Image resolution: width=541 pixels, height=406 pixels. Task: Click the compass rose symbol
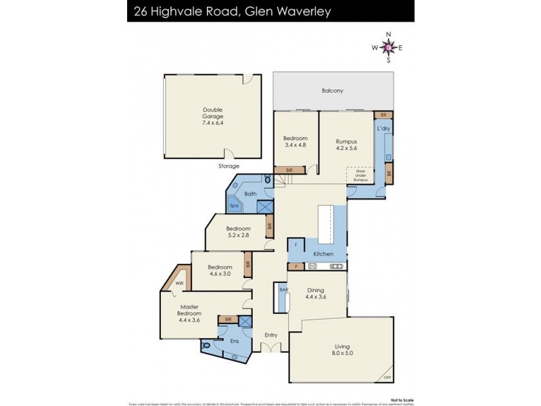click(388, 47)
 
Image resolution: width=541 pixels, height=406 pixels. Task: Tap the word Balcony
click(333, 91)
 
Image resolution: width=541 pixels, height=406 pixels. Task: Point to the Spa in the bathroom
click(235, 206)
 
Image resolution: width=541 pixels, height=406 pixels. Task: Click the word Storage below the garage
click(229, 165)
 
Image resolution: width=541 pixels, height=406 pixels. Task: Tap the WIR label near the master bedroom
click(179, 284)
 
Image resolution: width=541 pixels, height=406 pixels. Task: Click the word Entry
click(271, 335)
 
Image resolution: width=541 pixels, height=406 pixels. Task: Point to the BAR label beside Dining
click(283, 289)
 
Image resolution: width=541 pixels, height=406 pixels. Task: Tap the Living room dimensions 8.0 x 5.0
click(343, 353)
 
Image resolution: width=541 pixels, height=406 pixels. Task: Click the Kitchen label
click(323, 254)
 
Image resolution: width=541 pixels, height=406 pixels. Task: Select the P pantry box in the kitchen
click(295, 267)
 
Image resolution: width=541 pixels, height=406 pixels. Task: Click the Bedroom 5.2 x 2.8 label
click(238, 231)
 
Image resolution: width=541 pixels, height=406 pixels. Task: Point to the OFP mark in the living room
click(387, 378)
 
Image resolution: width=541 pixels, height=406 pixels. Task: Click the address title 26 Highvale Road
click(199, 11)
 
